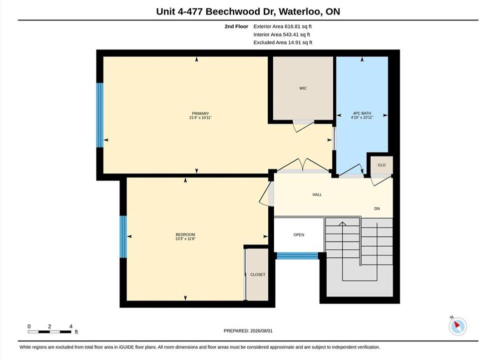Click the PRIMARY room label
tap(200, 113)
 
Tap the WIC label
tap(303, 88)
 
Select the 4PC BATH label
tap(362, 113)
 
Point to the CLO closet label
tap(382, 165)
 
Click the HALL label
tap(317, 194)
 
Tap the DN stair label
tap(377, 208)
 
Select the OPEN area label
tap(299, 235)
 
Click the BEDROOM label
tap(185, 234)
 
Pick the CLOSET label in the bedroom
tap(257, 274)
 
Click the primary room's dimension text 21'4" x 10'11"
tap(200, 117)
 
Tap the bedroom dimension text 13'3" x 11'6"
tap(185, 238)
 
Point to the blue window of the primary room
tap(99, 115)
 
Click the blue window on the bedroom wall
tap(123, 236)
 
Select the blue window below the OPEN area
tap(297, 256)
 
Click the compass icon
tap(458, 326)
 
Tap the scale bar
tap(49, 332)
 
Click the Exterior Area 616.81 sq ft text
tap(283, 26)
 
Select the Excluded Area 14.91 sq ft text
tap(283, 42)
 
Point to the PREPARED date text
tap(248, 331)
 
